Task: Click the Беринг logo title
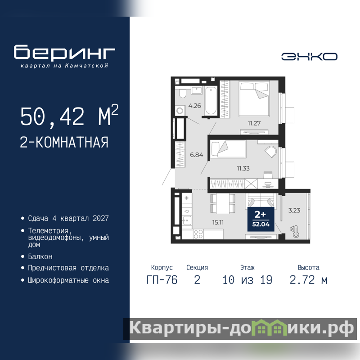(64, 52)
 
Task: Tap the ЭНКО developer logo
(309, 57)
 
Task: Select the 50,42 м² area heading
(69, 116)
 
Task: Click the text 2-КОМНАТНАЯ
(64, 142)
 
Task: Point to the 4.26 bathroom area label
(194, 106)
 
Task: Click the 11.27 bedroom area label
(254, 123)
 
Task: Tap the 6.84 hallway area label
(196, 155)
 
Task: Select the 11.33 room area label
(243, 168)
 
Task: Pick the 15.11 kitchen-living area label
(218, 222)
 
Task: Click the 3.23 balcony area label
(294, 210)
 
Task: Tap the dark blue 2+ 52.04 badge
(261, 219)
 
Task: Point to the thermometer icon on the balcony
(295, 231)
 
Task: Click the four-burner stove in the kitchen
(198, 234)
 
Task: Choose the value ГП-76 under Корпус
(162, 280)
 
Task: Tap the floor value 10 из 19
(247, 280)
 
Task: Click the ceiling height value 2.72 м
(308, 280)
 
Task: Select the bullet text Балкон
(40, 256)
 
